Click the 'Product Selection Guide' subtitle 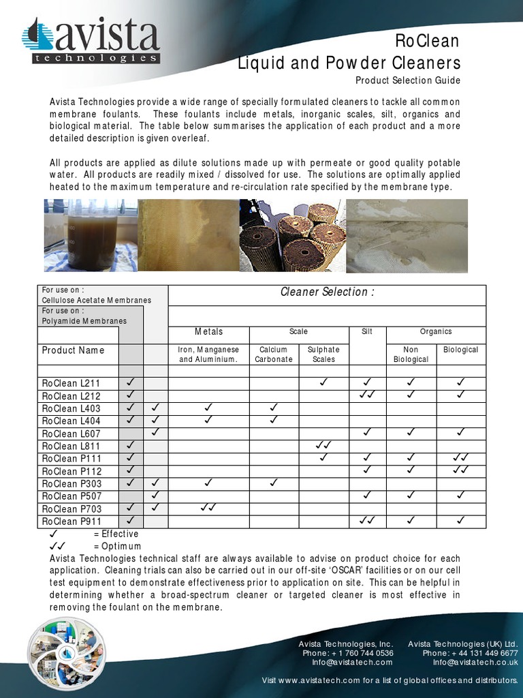tap(407, 80)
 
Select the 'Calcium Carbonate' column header tap(274, 354)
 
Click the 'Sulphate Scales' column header tap(323, 354)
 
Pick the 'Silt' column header tap(366, 332)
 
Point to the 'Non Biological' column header tap(411, 354)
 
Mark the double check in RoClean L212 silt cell tap(366, 396)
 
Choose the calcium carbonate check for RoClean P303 tap(274, 483)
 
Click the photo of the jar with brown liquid tap(91, 235)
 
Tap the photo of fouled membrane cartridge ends tap(292, 235)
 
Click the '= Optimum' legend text tap(117, 546)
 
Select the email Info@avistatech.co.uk tap(475, 662)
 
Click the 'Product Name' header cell tap(74, 350)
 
